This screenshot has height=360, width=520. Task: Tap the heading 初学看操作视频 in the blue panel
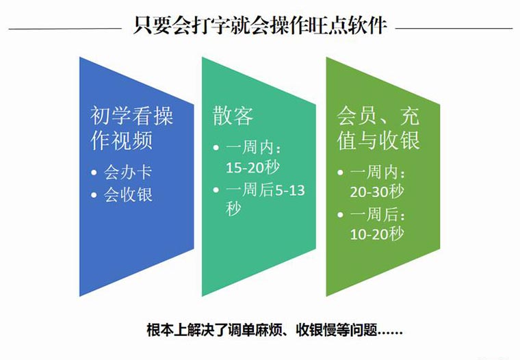click(131, 128)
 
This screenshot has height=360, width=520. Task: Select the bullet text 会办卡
click(128, 172)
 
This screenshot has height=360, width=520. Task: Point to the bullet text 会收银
click(128, 195)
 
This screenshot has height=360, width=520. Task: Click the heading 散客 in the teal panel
click(233, 116)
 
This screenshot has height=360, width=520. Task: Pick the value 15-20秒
click(252, 167)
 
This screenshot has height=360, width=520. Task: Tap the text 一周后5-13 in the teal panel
click(265, 190)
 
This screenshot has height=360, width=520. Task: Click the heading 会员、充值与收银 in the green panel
click(378, 128)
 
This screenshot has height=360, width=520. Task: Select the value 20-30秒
click(377, 192)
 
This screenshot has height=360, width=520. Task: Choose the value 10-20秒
click(377, 234)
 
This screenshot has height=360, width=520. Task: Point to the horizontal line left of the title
click(65, 29)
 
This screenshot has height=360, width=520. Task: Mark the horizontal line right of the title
click(454, 29)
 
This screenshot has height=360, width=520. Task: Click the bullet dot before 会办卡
click(94, 172)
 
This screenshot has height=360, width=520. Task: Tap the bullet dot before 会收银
click(94, 195)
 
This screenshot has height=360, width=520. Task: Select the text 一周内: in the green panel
click(378, 172)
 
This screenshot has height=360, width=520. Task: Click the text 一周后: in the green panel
click(378, 215)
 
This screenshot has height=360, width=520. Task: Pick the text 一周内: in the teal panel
click(254, 147)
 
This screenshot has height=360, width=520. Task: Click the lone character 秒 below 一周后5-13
click(233, 209)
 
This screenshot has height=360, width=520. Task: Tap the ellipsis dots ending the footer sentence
click(390, 332)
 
